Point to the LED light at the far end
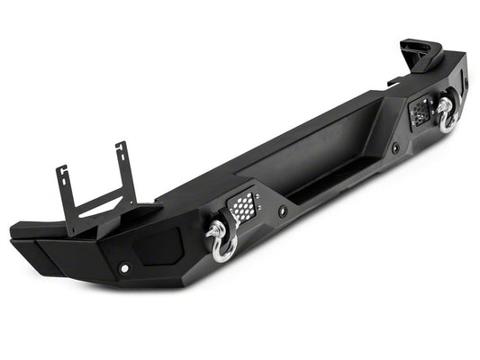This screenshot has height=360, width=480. (420, 112)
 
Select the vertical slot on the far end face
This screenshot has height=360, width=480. (467, 85)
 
